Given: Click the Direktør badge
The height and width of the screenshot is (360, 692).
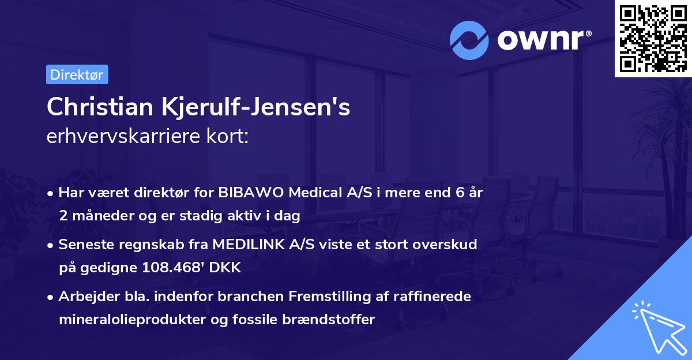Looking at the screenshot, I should tap(77, 74).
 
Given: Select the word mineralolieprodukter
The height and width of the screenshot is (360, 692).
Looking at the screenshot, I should tap(130, 319).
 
